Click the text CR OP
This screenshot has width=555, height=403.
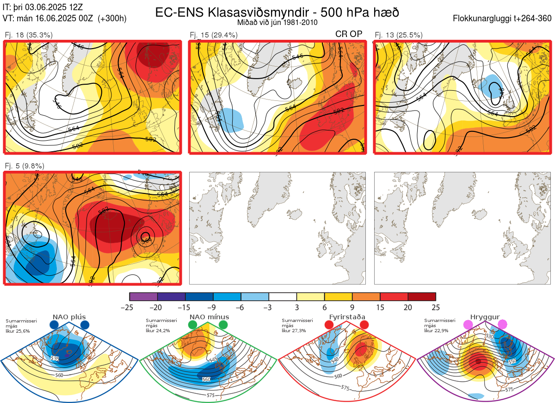coord(349,34)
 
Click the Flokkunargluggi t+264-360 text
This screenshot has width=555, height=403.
coord(503,19)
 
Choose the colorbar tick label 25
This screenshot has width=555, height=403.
coord(436,307)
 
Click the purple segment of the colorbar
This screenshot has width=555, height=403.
coord(143,297)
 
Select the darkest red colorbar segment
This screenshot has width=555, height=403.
coord(422,297)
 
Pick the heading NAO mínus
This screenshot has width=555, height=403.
coord(209,317)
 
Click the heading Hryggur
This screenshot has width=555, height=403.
coord(483,317)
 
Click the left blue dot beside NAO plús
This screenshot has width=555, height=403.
coord(54,325)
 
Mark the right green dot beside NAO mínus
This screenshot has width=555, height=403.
coord(223,325)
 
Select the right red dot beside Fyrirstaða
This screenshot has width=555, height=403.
coord(364,325)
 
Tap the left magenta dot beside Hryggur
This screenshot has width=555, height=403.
coord(468,325)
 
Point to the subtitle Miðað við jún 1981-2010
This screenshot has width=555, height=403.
coord(277,22)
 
